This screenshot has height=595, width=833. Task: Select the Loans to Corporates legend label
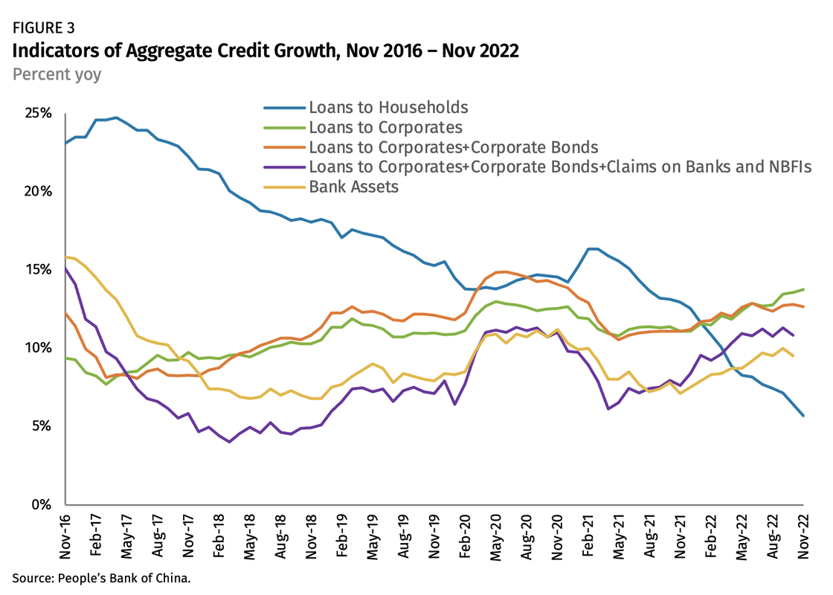pyautogui.click(x=385, y=128)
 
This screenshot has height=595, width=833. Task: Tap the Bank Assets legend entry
pyautogui.click(x=354, y=187)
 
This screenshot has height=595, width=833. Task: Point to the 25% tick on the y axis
pyautogui.click(x=37, y=114)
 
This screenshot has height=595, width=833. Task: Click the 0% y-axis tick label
pyautogui.click(x=40, y=505)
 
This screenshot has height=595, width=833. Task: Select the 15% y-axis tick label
pyautogui.click(x=37, y=270)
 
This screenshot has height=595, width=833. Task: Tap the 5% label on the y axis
pyautogui.click(x=40, y=427)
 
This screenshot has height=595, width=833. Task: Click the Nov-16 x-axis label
pyautogui.click(x=65, y=537)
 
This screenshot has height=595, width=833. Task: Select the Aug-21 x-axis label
pyautogui.click(x=649, y=537)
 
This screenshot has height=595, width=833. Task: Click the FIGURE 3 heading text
pyautogui.click(x=44, y=28)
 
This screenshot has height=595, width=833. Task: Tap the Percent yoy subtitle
pyautogui.click(x=57, y=74)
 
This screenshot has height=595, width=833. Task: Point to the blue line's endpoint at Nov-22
pyautogui.click(x=803, y=415)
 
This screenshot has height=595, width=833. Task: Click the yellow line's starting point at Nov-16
pyautogui.click(x=65, y=257)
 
